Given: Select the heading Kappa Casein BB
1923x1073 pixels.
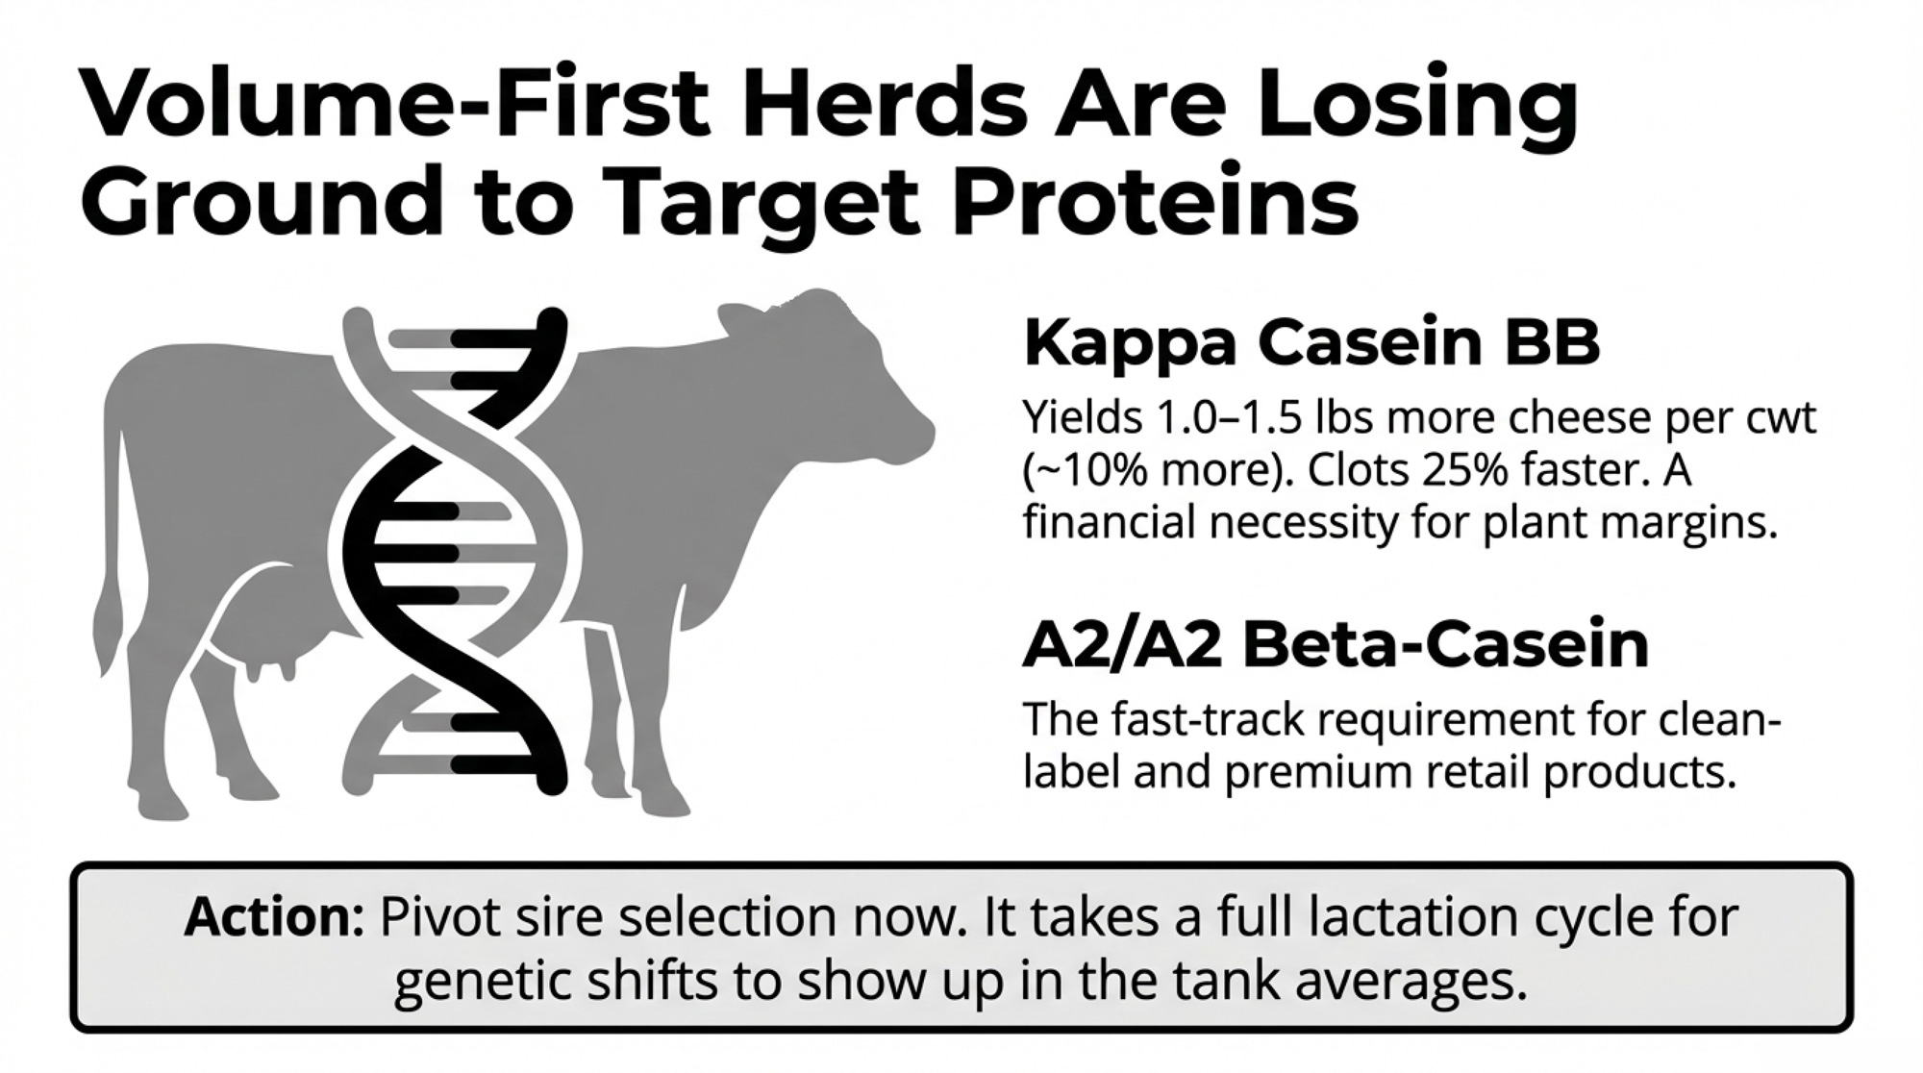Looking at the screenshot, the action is click(x=1312, y=342).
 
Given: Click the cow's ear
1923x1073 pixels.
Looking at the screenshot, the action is click(x=741, y=317).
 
